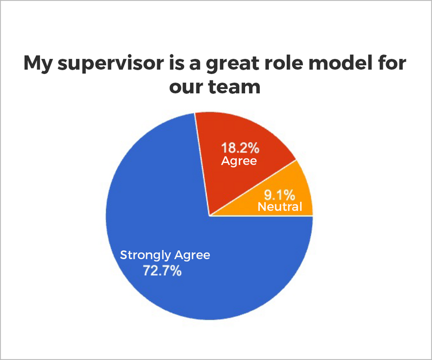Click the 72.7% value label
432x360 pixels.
click(163, 270)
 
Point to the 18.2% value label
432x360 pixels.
click(240, 148)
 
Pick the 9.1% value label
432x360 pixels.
click(279, 195)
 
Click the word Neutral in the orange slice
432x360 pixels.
click(280, 207)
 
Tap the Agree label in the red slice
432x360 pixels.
click(239, 161)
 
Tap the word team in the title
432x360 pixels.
click(234, 87)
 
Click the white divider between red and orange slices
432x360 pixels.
click(253, 188)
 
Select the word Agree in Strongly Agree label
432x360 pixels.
click(192, 256)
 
